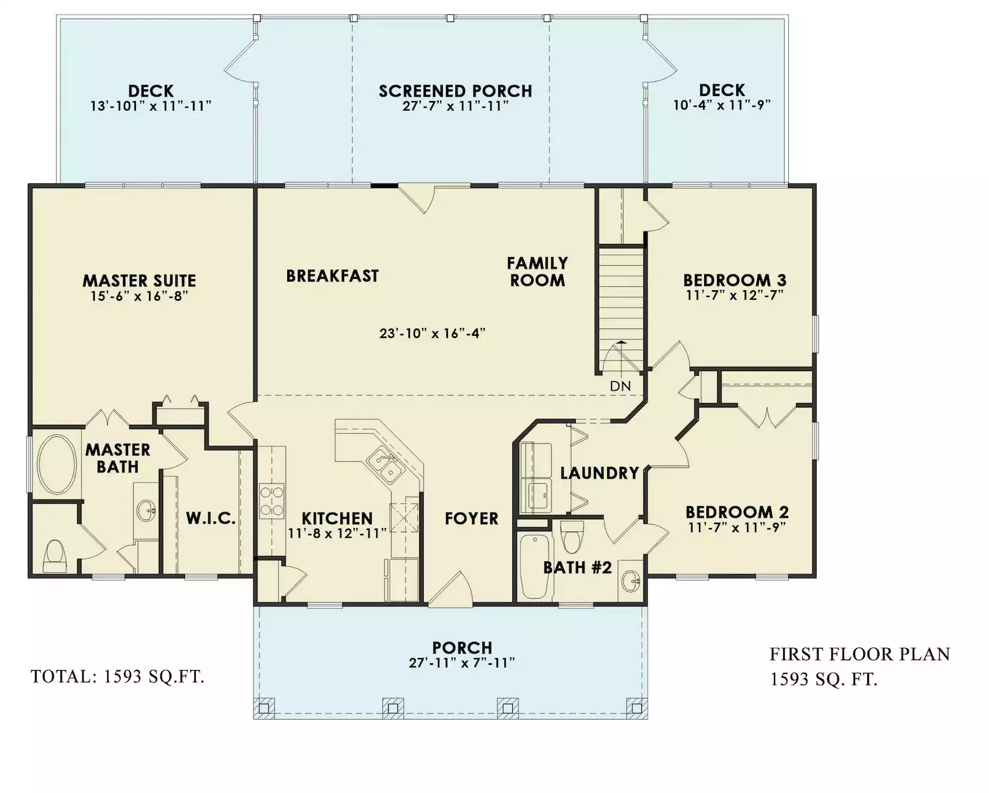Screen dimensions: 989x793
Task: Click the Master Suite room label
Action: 139,281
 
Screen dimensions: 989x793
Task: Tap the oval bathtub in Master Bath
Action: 56,465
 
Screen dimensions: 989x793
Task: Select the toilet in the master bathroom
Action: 55,555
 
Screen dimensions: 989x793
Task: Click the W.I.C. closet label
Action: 211,518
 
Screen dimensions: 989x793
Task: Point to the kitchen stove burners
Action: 271,501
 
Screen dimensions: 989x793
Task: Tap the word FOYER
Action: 472,519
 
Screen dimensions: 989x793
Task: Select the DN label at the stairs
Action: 621,387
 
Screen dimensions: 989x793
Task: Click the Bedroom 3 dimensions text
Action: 735,295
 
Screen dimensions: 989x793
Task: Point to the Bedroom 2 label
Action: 737,512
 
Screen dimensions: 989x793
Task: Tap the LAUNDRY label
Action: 600,473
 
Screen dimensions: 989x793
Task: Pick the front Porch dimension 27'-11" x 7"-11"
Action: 462,663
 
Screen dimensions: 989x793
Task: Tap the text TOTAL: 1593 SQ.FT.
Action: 117,676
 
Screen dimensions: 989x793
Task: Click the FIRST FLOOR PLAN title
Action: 860,654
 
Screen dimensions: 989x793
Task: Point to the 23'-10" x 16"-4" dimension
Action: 433,333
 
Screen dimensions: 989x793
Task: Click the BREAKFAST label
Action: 332,276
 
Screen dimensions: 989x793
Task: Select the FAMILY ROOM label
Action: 537,271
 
